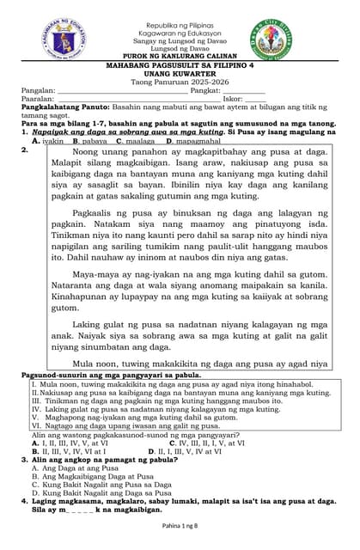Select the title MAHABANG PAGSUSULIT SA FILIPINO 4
pyautogui.click(x=180, y=65)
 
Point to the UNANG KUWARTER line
pyautogui.click(x=180, y=74)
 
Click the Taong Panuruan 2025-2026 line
pyautogui.click(x=180, y=82)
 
